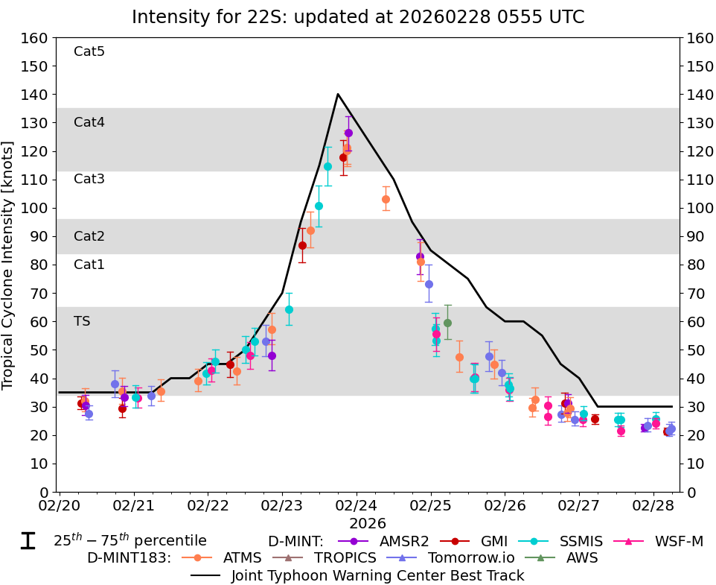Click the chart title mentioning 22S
click(x=358, y=17)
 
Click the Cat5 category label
click(x=89, y=51)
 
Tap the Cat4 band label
click(x=89, y=122)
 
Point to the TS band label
click(x=82, y=321)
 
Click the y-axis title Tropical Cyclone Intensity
click(x=8, y=265)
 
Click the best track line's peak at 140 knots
click(x=337, y=94)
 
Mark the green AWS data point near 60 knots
click(x=447, y=323)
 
